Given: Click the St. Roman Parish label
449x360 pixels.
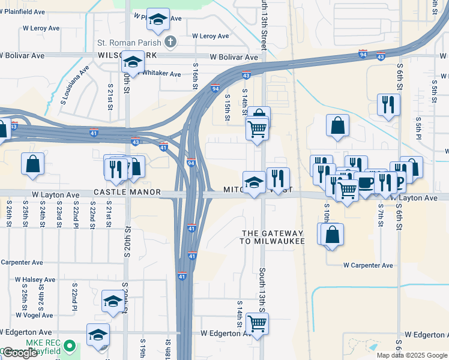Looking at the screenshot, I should pyautogui.click(x=130, y=43).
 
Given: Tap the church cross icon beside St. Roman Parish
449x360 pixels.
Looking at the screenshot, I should pyautogui.click(x=170, y=42).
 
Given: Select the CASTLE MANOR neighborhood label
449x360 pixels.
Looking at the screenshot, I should pyautogui.click(x=127, y=192).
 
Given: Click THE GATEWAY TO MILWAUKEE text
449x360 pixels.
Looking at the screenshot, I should pyautogui.click(x=273, y=236).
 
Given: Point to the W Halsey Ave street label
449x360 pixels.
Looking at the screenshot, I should pyautogui.click(x=35, y=280).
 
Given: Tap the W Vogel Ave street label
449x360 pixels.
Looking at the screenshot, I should pyautogui.click(x=34, y=314).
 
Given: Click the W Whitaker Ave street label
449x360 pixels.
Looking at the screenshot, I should pyautogui.click(x=160, y=74).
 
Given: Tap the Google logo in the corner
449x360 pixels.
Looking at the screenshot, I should pyautogui.click(x=19, y=353).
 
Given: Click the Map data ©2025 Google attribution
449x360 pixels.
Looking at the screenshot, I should pyautogui.click(x=412, y=355).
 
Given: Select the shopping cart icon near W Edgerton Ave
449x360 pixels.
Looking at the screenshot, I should pyautogui.click(x=258, y=323).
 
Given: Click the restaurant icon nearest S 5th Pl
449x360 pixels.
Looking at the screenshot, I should pyautogui.click(x=389, y=105).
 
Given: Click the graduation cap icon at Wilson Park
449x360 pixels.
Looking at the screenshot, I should pyautogui.click(x=132, y=62).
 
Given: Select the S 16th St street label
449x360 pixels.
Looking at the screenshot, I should pyautogui.click(x=196, y=75).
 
